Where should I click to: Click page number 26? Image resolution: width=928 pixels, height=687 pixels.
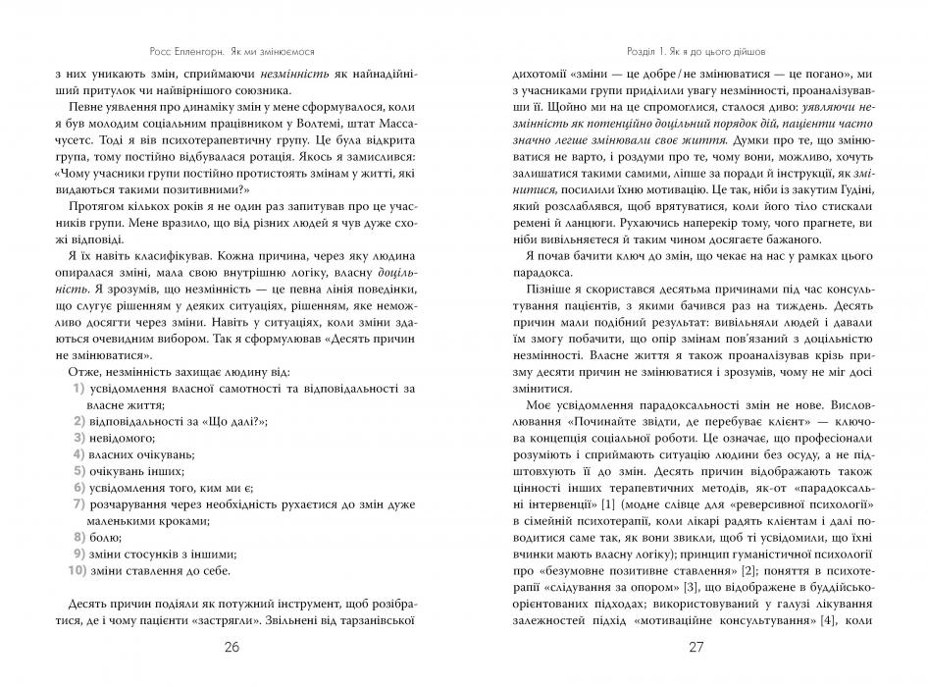(x=231, y=648)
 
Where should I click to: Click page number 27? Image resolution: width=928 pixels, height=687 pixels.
(x=696, y=648)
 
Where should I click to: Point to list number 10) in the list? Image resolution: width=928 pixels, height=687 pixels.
(x=77, y=570)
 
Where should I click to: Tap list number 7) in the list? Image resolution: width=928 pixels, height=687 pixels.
(x=78, y=503)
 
